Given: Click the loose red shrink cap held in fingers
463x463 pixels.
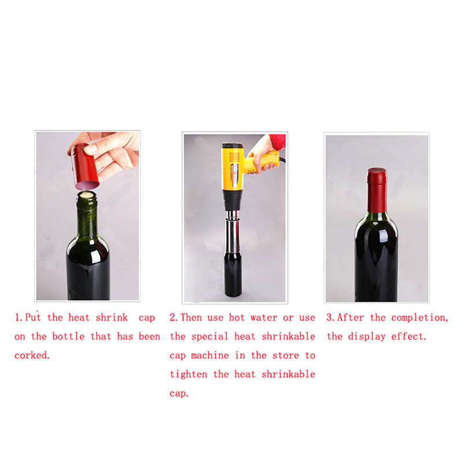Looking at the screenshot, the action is [x=84, y=167].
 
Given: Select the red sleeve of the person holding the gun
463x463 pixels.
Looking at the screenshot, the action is [x=278, y=142].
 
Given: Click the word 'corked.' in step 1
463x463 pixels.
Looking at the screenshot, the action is [x=32, y=355].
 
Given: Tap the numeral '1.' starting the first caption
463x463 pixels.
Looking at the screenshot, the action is [x=19, y=317].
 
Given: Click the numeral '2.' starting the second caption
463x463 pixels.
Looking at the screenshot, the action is [x=174, y=317].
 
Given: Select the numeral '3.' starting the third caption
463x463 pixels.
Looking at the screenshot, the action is [x=330, y=317].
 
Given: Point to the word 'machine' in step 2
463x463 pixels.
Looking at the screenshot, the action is [x=210, y=355].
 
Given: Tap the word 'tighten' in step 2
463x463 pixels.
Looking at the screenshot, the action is [x=189, y=374].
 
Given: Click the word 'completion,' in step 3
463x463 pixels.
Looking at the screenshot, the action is [x=420, y=318].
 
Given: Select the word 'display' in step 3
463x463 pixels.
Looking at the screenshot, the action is [x=366, y=337].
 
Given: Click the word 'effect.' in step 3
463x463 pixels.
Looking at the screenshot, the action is [x=409, y=337].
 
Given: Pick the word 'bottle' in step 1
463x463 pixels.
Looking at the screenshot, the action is [x=68, y=336].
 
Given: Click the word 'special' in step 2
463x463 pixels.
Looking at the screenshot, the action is [x=210, y=337].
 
